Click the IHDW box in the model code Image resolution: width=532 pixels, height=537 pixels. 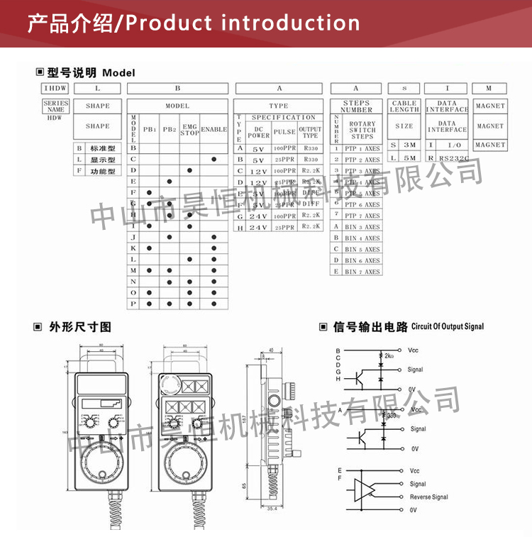point(55,89)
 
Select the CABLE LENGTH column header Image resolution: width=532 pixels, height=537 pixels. point(404,106)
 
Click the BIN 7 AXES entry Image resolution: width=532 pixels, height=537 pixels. point(362,272)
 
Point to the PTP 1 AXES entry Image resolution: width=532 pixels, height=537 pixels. point(362,149)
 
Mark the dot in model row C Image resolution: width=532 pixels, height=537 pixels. point(214,160)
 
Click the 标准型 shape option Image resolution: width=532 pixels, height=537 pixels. point(102,148)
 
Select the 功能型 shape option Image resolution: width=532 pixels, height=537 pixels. point(102,171)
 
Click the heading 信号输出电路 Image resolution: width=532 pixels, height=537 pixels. point(370,327)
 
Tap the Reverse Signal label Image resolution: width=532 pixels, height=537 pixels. point(428,497)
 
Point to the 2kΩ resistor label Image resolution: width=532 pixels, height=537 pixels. point(389,355)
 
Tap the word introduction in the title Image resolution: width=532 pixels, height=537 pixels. point(290,23)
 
